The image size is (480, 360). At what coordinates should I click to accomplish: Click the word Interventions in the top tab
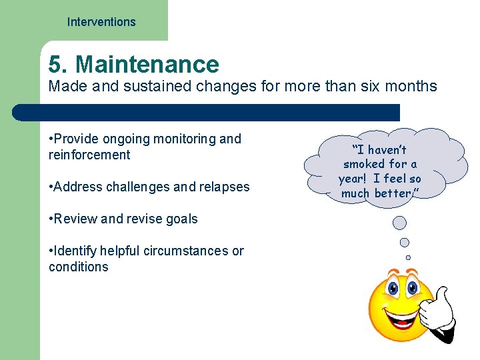(x=101, y=22)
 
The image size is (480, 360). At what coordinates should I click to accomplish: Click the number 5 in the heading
(x=56, y=65)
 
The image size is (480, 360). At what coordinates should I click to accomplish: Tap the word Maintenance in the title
(x=147, y=65)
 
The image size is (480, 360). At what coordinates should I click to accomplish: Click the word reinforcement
(x=89, y=155)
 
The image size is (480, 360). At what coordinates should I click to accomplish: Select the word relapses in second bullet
(x=223, y=187)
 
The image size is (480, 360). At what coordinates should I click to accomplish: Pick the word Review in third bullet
(x=75, y=219)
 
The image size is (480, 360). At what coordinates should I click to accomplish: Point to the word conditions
(x=78, y=267)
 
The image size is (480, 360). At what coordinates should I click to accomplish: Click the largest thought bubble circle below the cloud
(x=399, y=223)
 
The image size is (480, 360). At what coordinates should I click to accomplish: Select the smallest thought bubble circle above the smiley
(x=408, y=257)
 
